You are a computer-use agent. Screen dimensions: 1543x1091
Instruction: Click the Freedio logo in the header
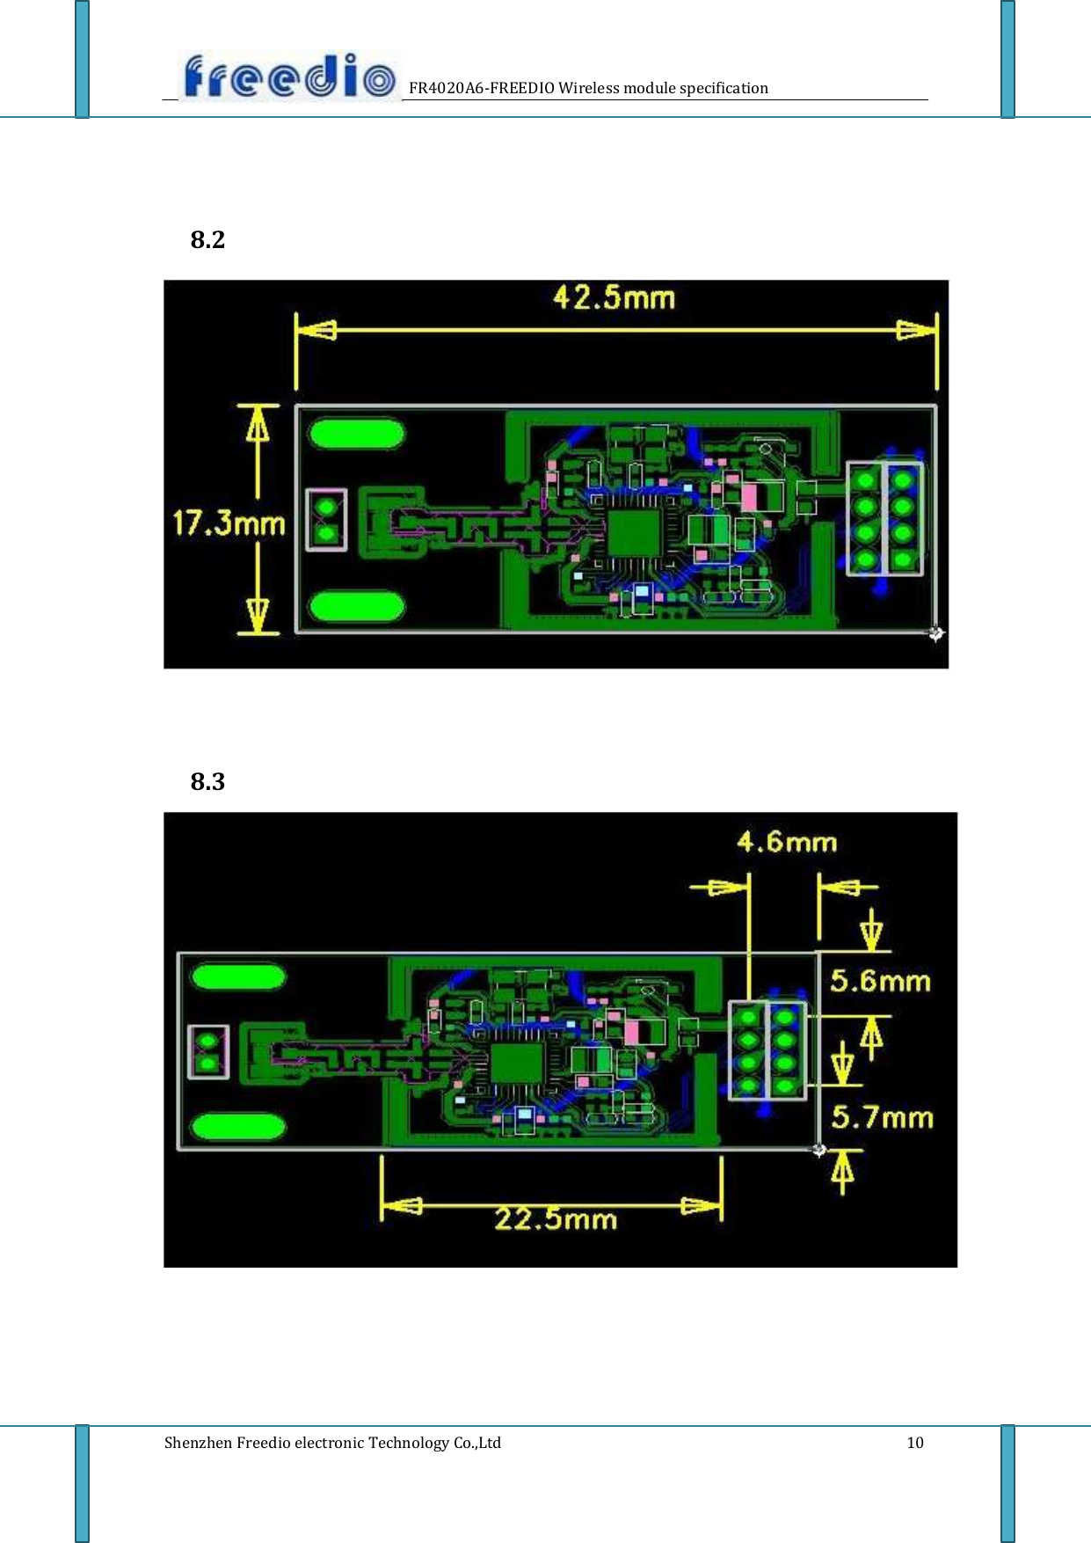(x=288, y=77)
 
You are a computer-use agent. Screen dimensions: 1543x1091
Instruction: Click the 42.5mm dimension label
(x=614, y=297)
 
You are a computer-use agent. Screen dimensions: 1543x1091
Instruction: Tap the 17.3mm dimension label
(x=229, y=523)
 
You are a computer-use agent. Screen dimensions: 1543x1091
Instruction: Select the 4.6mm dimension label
(x=787, y=842)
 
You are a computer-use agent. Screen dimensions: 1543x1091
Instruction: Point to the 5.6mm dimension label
(x=880, y=980)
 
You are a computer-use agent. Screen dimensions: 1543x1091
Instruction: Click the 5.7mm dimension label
(x=882, y=1117)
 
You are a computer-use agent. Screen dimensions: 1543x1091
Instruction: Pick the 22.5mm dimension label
(x=556, y=1219)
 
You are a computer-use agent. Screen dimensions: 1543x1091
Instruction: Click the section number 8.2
(x=207, y=239)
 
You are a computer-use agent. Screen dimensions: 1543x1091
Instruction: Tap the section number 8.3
(x=207, y=781)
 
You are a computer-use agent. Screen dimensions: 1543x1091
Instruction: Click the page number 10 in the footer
(x=915, y=1443)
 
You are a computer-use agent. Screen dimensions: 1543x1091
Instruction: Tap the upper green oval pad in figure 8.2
(x=356, y=434)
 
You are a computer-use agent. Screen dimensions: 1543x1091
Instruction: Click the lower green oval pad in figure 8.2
(x=356, y=606)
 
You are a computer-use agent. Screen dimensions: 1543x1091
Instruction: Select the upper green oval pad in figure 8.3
(x=238, y=977)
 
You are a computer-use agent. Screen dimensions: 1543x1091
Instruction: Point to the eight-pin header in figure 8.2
(x=884, y=519)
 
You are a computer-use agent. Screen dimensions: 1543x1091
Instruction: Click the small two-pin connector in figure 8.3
(x=208, y=1052)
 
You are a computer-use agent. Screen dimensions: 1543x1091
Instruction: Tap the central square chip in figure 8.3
(x=515, y=1064)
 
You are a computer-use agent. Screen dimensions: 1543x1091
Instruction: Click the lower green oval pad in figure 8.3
(x=238, y=1127)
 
